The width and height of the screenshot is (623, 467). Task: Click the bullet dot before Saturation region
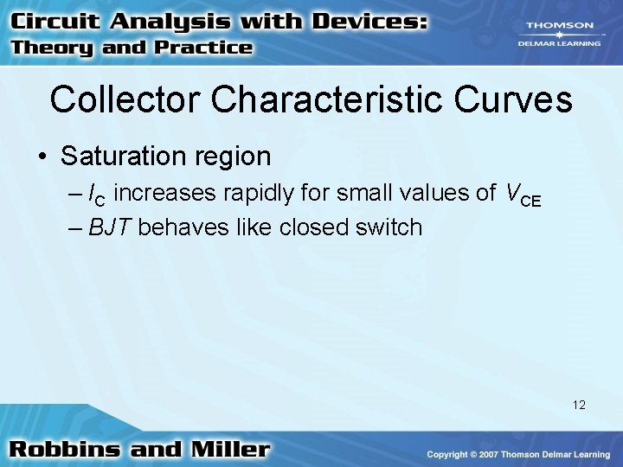tap(42, 157)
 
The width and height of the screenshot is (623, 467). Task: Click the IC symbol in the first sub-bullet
tap(98, 195)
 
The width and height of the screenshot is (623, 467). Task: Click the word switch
tap(389, 227)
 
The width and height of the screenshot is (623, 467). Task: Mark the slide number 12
tap(578, 404)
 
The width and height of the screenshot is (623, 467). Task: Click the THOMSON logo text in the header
tap(558, 26)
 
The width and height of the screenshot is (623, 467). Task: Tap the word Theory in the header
tap(53, 48)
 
